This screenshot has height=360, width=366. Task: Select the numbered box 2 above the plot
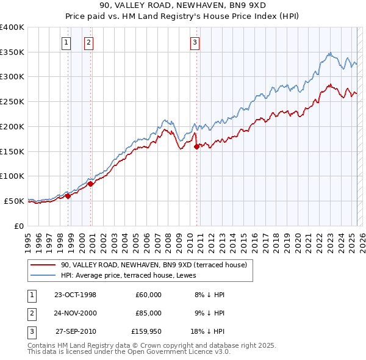(x=88, y=42)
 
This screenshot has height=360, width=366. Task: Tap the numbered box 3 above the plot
(x=194, y=42)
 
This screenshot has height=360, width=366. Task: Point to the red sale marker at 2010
(x=196, y=146)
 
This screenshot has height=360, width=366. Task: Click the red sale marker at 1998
(x=68, y=196)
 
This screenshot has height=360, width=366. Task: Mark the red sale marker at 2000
(x=90, y=183)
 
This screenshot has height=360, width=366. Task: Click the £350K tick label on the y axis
(x=12, y=52)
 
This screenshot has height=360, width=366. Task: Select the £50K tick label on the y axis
(x=14, y=201)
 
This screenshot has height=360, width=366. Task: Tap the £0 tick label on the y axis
(x=18, y=226)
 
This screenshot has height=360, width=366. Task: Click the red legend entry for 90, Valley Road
(x=153, y=265)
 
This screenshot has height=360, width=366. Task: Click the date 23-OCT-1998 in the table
(x=75, y=295)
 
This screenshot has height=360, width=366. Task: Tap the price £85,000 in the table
(x=149, y=313)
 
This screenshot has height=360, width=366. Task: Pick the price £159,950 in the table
(x=146, y=333)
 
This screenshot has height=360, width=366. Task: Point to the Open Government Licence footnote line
(x=129, y=352)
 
